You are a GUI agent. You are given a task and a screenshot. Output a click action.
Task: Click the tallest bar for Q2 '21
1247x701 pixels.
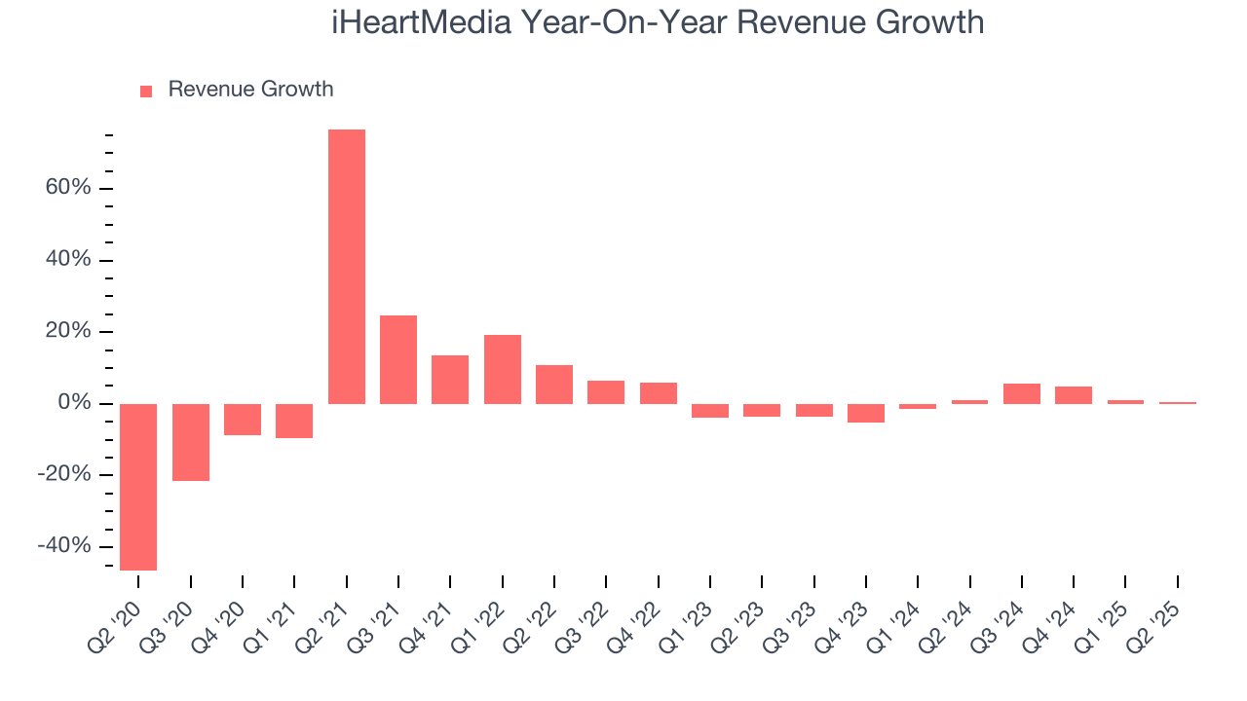point(347,266)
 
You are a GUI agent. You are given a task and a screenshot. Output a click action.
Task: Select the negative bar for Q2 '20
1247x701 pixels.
point(138,487)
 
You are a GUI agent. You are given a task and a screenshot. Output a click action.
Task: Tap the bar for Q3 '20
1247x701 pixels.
point(191,442)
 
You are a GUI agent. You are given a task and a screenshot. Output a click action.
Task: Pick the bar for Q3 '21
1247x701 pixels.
point(398,359)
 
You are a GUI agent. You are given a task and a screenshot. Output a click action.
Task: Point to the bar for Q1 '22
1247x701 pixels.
point(503,369)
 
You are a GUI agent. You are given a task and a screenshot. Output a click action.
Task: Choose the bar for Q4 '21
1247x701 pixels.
point(450,380)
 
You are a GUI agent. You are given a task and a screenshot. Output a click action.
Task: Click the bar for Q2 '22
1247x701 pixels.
point(554,385)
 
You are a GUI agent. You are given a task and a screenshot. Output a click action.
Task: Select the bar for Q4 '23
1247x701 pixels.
point(866,413)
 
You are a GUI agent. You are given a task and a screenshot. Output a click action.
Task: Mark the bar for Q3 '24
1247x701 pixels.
point(1022,393)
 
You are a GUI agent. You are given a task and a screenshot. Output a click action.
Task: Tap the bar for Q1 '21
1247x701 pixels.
point(294,421)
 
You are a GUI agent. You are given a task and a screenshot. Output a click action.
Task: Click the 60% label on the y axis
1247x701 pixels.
point(68,188)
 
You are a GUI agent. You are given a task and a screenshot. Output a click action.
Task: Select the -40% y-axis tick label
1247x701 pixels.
point(64,546)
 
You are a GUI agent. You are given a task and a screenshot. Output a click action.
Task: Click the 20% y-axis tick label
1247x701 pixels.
point(68,331)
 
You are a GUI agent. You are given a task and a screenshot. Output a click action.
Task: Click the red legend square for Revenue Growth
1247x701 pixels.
point(146,91)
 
